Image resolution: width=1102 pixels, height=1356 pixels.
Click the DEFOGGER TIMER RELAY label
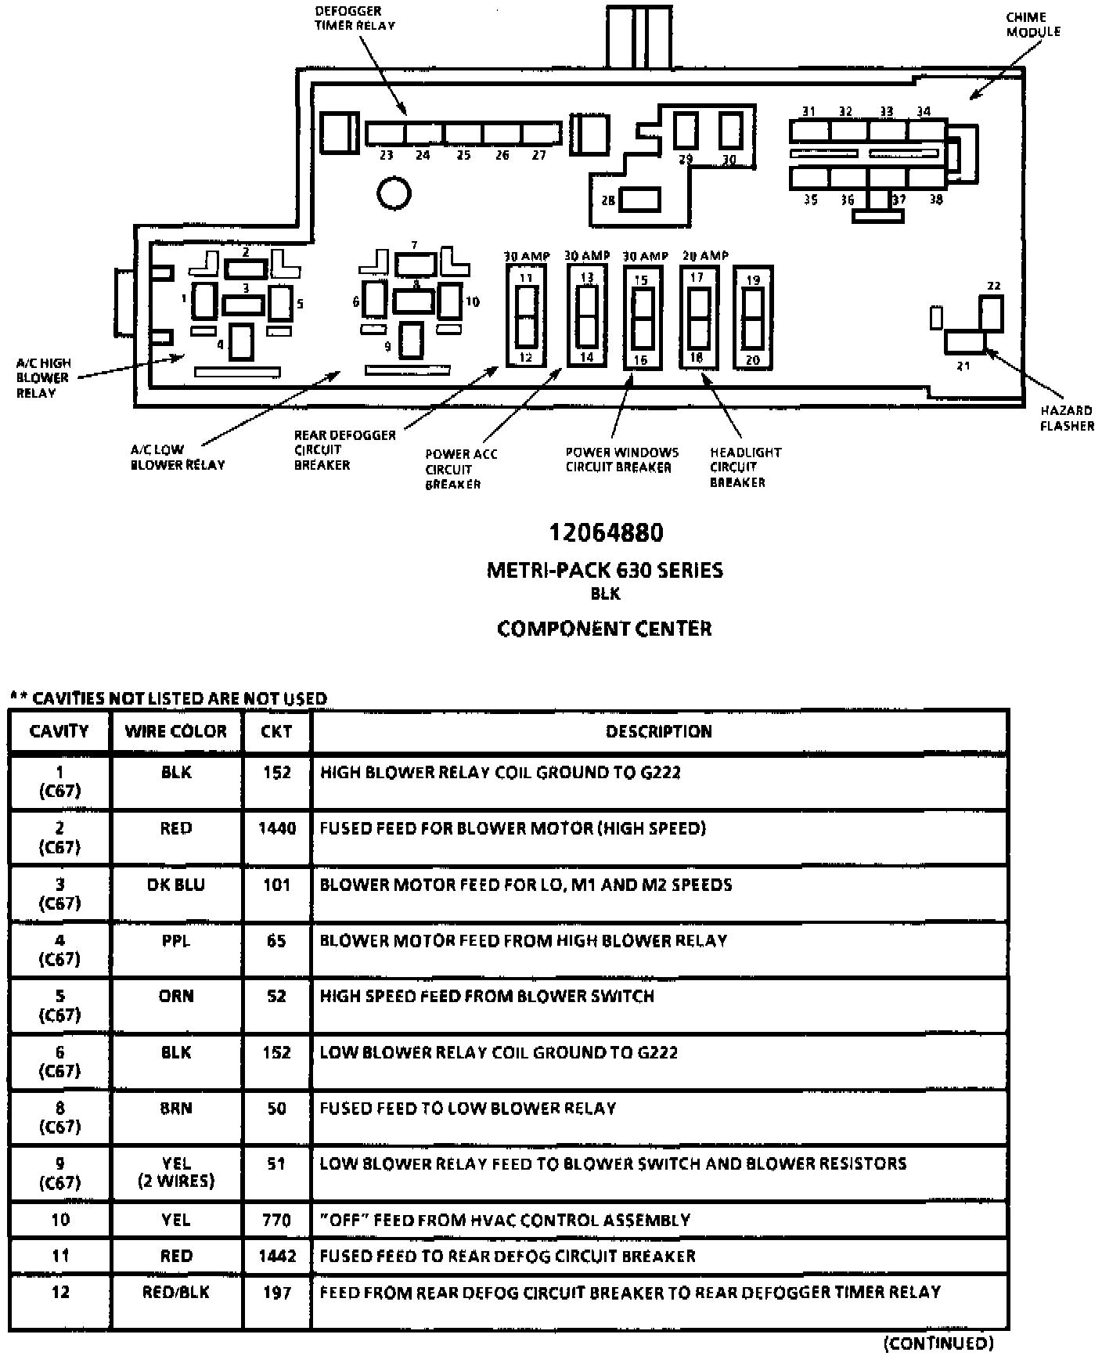pos(355,18)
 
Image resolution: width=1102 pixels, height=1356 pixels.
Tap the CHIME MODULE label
pos(1032,24)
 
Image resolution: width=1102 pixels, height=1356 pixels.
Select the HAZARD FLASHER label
pos(1066,418)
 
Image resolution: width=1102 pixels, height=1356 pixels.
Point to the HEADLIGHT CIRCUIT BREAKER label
pos(744,467)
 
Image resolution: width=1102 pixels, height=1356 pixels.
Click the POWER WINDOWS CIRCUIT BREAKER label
pos(621,460)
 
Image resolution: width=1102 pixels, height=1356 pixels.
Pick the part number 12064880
pos(606,532)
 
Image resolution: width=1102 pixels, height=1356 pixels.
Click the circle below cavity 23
pos(394,193)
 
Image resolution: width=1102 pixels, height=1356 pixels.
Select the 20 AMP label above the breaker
pos(704,255)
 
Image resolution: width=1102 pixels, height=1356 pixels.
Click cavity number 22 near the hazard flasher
pos(993,286)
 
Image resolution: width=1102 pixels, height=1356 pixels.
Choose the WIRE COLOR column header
pos(175,731)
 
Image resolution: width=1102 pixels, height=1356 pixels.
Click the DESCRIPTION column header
pos(659,731)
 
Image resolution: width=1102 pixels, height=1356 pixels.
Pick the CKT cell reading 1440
pos(277,828)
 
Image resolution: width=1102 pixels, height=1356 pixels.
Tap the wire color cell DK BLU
pos(175,885)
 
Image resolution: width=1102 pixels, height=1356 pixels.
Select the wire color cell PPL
pos(175,940)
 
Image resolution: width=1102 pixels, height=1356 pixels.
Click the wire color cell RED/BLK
pos(175,1292)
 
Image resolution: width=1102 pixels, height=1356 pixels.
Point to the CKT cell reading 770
pos(277,1220)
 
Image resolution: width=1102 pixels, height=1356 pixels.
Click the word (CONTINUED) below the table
pos(938,1343)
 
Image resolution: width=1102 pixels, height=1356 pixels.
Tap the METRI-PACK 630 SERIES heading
pos(605,570)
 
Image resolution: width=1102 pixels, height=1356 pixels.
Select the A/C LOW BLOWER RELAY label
pos(177,457)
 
